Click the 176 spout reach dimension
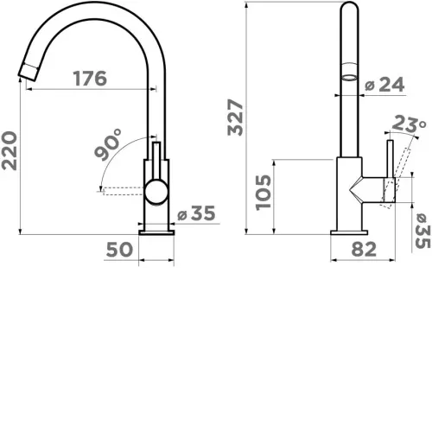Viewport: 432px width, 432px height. [90, 79]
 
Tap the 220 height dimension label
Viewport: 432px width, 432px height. [10, 150]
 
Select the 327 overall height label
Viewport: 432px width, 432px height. [235, 117]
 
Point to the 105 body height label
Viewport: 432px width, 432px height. [264, 192]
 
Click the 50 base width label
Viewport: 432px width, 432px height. [119, 250]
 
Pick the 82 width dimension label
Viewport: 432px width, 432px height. [364, 249]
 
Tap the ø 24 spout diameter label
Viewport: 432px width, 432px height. [384, 85]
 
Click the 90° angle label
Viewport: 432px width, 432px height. [108, 144]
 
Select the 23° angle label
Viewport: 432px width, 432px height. [409, 124]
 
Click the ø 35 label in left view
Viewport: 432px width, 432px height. [196, 213]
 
